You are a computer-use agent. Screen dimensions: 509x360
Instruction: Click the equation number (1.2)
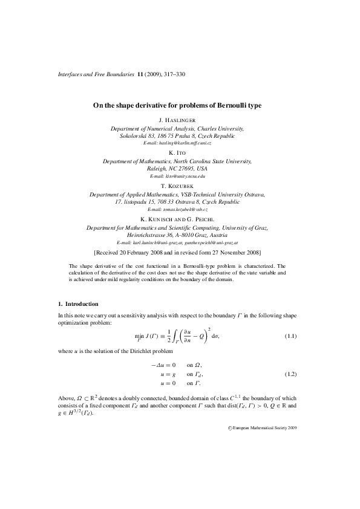pyautogui.click(x=290, y=375)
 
